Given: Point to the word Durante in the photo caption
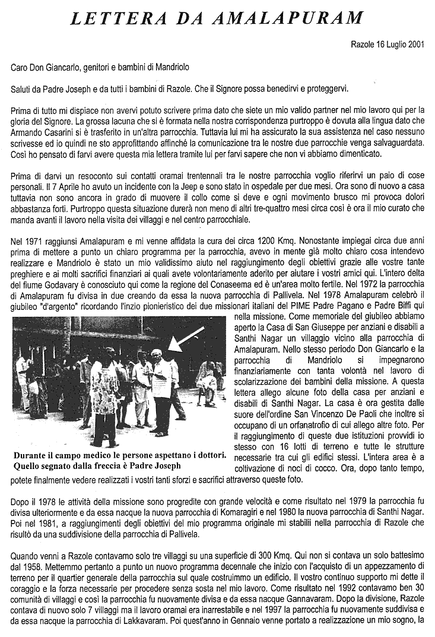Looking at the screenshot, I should pyautogui.click(x=30, y=455).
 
